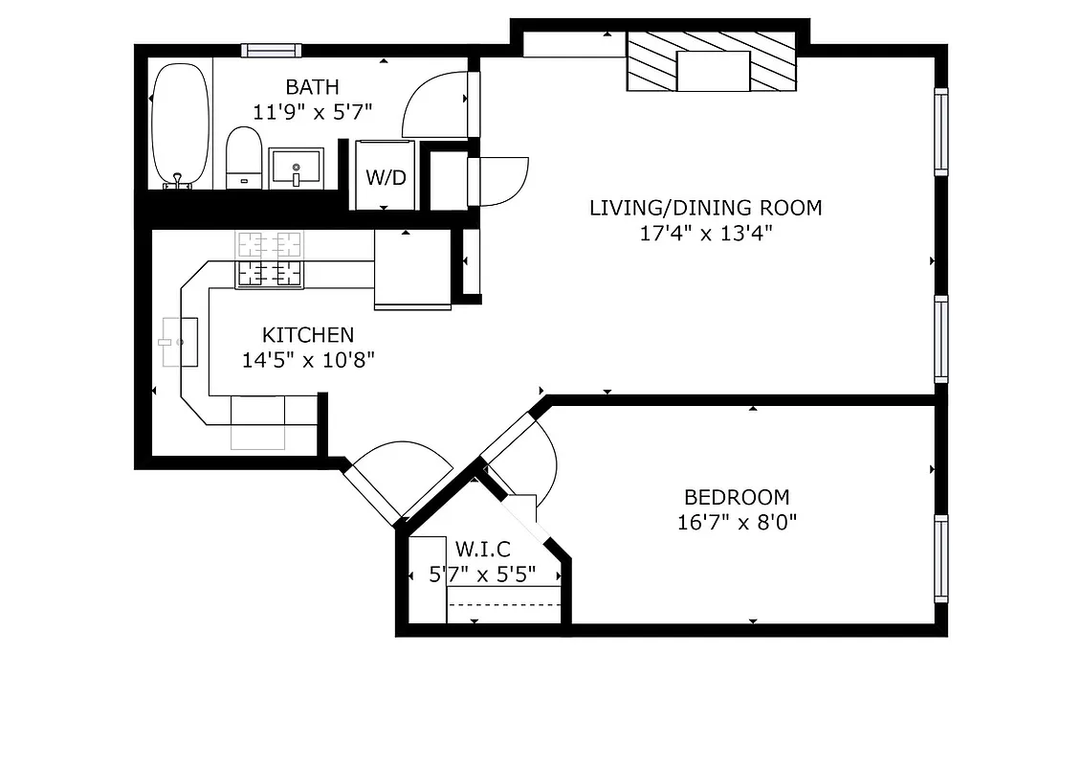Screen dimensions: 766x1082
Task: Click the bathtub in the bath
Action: pos(180,124)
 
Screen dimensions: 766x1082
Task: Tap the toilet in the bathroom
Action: pos(244,159)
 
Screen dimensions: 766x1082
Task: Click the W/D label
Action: pos(386,177)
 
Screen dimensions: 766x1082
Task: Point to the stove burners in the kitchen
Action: pos(269,260)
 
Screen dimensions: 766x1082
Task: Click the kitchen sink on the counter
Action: pos(180,342)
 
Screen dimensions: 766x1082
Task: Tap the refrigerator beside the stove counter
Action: pos(411,270)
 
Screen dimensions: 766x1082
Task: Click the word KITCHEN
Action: pos(308,335)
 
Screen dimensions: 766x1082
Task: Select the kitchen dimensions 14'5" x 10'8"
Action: pos(308,361)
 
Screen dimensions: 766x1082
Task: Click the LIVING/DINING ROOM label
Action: pos(705,207)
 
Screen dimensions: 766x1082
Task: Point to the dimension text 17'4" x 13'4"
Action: pos(705,233)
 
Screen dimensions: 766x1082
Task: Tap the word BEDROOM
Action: pos(737,497)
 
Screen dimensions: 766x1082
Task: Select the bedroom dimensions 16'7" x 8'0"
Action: pos(737,523)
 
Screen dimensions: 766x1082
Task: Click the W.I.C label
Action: pos(482,550)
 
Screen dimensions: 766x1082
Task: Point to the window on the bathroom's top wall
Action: pos(271,51)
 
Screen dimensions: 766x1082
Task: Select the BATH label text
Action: pos(312,87)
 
